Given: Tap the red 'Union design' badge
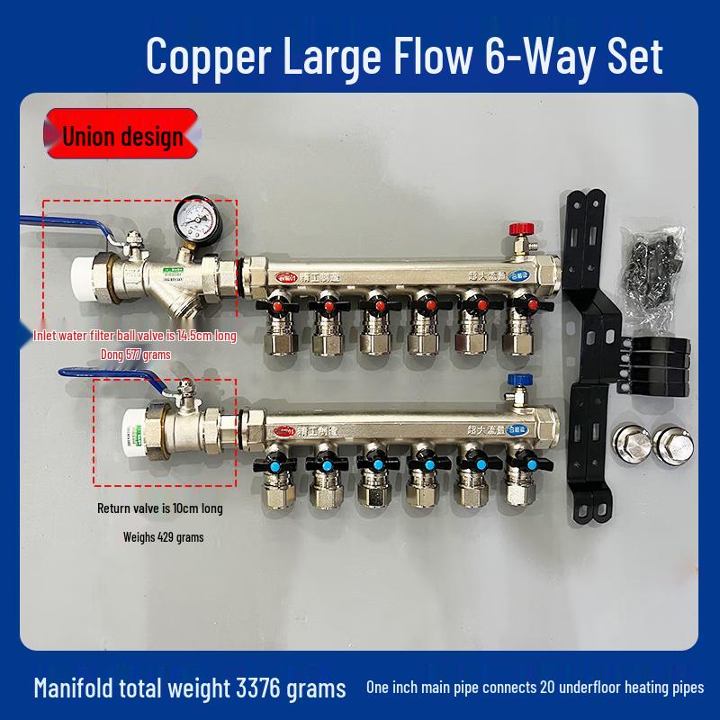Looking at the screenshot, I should (122, 136).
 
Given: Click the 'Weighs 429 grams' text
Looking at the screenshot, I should (163, 537).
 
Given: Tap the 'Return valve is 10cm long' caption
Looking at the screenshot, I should (159, 508).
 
